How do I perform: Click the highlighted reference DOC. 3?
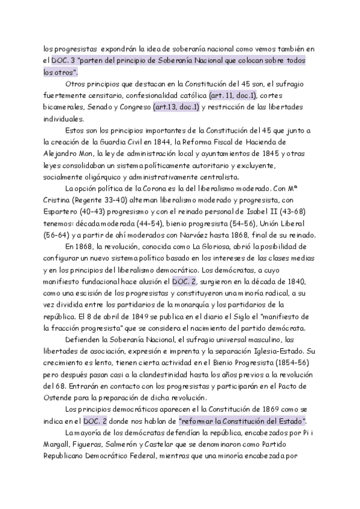pos(63,61)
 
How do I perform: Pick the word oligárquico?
pos(108,176)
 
